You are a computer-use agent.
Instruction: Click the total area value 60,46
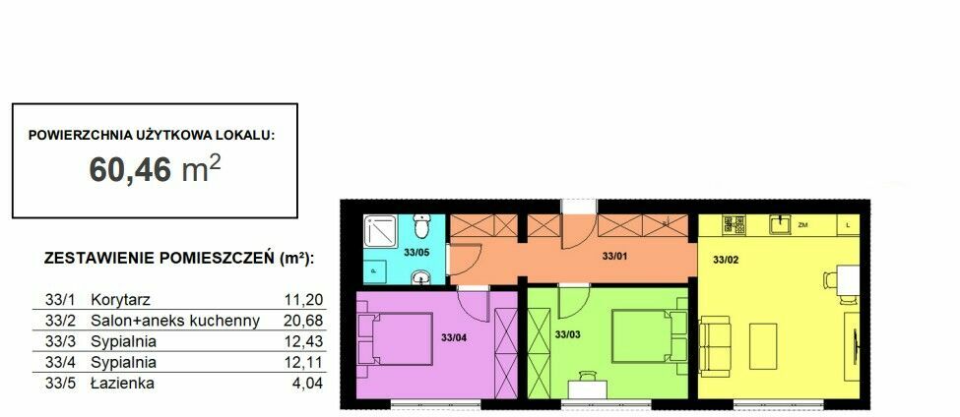click(x=130, y=169)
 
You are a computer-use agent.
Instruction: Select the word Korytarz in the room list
click(x=120, y=300)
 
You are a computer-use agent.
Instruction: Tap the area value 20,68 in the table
click(x=303, y=321)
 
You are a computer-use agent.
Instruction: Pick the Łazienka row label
click(x=122, y=384)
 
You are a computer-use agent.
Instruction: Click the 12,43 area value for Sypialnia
click(x=303, y=341)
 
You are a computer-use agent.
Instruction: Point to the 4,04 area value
click(x=307, y=384)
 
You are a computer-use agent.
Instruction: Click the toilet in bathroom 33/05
click(x=420, y=226)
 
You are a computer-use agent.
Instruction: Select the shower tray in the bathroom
click(x=380, y=232)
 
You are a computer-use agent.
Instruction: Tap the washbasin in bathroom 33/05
click(x=420, y=278)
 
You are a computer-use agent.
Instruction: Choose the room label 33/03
click(x=567, y=333)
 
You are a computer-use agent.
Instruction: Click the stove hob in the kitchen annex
click(x=733, y=224)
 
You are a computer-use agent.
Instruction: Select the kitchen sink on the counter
click(x=779, y=224)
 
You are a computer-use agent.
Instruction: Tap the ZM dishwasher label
click(x=803, y=225)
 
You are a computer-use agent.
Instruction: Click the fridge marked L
click(x=848, y=224)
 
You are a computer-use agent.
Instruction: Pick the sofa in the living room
click(x=715, y=347)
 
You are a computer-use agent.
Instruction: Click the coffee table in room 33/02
click(x=763, y=346)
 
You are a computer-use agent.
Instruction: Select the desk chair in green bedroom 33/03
click(x=587, y=375)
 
